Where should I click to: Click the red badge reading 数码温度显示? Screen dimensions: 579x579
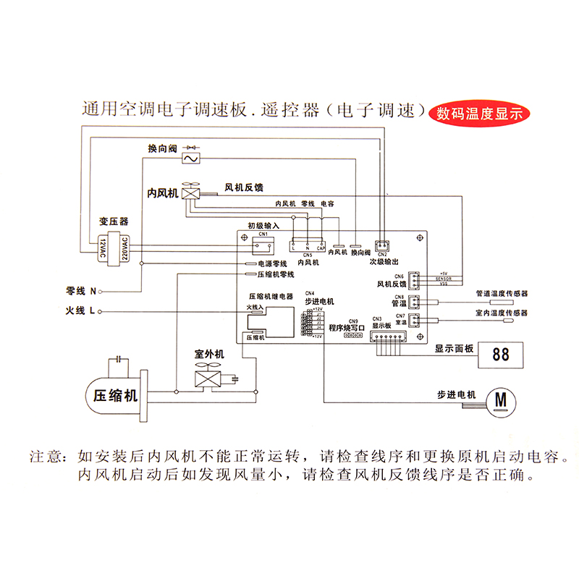[x=480, y=114]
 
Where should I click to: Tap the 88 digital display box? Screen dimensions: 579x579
[x=500, y=355]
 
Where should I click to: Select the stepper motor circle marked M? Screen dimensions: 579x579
[x=501, y=399]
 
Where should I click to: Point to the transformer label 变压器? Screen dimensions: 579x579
[x=114, y=221]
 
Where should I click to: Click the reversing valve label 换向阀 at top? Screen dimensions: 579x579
[x=162, y=148]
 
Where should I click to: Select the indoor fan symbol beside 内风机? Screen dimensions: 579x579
[x=192, y=193]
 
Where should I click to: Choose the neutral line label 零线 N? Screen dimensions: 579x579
[x=81, y=291]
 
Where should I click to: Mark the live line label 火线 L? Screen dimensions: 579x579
[x=81, y=311]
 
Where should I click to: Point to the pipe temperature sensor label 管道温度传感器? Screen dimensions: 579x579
[x=502, y=294]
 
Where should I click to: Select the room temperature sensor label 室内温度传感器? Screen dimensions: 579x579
[x=502, y=313]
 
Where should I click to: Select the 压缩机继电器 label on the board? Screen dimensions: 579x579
[x=271, y=297]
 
